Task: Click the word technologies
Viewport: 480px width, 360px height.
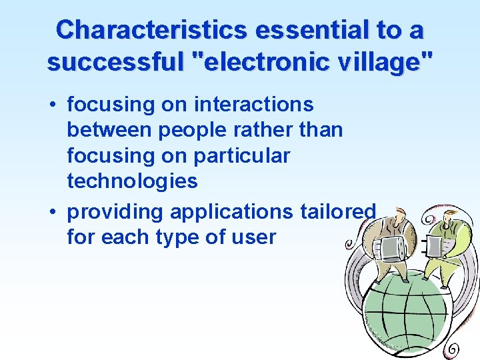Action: [132, 181]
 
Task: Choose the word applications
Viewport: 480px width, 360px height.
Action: [231, 212]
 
